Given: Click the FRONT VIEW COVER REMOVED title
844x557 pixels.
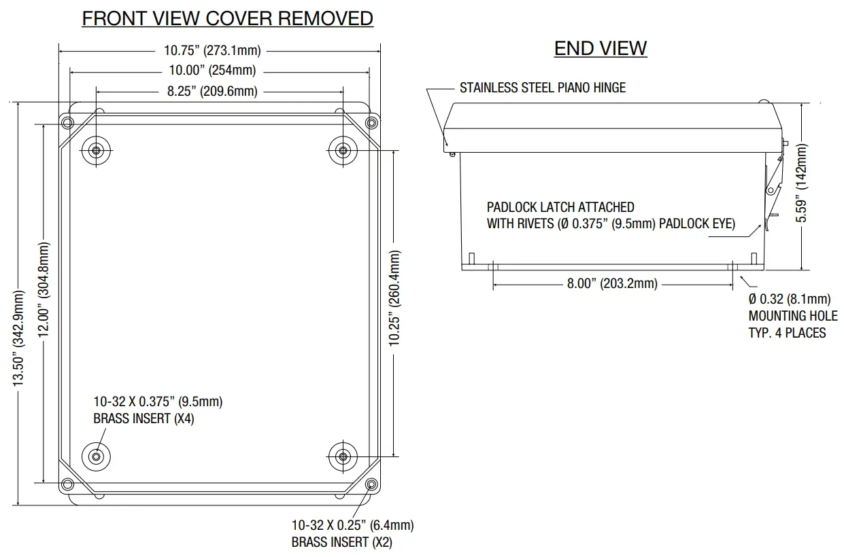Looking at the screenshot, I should click(227, 18).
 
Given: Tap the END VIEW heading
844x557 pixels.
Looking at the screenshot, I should click(600, 48).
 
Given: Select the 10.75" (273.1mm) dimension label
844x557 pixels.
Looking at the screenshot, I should click(212, 50).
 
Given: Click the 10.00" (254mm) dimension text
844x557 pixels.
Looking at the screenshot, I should click(212, 71).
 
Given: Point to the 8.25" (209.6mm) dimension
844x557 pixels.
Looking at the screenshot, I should click(212, 91).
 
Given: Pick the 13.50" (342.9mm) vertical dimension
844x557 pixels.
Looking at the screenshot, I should click(19, 338).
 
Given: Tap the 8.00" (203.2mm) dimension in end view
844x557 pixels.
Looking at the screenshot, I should click(612, 283).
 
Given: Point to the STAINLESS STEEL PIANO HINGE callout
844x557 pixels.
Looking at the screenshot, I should click(542, 88).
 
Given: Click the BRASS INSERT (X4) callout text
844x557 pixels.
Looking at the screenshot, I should click(144, 418).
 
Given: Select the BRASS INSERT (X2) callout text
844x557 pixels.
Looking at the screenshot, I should click(341, 542).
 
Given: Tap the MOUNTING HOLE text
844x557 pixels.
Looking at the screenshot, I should click(788, 316).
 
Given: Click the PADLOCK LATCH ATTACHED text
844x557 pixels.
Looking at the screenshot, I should click(560, 207).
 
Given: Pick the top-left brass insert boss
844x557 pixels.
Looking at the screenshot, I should click(95, 150).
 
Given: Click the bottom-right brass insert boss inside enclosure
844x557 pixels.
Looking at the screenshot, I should click(343, 455).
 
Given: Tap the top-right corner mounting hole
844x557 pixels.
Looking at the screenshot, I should click(371, 123).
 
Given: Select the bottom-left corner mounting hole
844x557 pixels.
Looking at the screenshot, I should click(67, 484).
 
